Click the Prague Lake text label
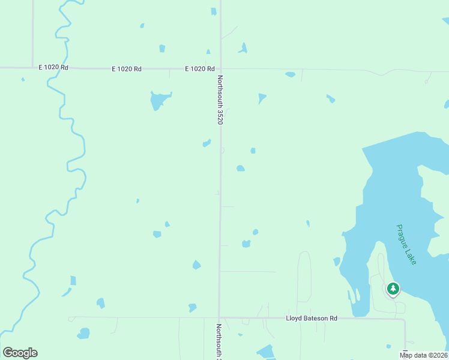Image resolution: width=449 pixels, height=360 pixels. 406,245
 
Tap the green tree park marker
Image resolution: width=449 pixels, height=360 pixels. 393,289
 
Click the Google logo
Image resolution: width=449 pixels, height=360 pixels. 20,353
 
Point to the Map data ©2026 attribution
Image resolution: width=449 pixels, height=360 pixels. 423,355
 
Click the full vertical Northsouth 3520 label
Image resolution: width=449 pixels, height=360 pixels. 220,100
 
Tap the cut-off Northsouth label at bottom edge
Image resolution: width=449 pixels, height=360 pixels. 219,342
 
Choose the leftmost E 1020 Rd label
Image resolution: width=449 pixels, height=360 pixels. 53,68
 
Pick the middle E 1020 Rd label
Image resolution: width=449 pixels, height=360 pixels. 127,69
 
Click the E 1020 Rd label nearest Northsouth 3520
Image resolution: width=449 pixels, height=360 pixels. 200,69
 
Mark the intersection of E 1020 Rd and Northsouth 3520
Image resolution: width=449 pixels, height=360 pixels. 220,68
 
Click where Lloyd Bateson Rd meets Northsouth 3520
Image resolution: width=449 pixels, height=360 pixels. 220,318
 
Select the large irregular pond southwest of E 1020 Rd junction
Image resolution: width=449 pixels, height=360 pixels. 158,101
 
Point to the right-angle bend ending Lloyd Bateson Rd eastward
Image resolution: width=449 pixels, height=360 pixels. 405,319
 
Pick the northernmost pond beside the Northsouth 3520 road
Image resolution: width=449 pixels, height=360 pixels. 214,11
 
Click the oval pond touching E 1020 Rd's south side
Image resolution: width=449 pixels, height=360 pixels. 291,74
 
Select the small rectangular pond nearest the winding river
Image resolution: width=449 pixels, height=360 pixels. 73,280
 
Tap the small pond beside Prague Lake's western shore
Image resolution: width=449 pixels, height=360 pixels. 337,262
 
